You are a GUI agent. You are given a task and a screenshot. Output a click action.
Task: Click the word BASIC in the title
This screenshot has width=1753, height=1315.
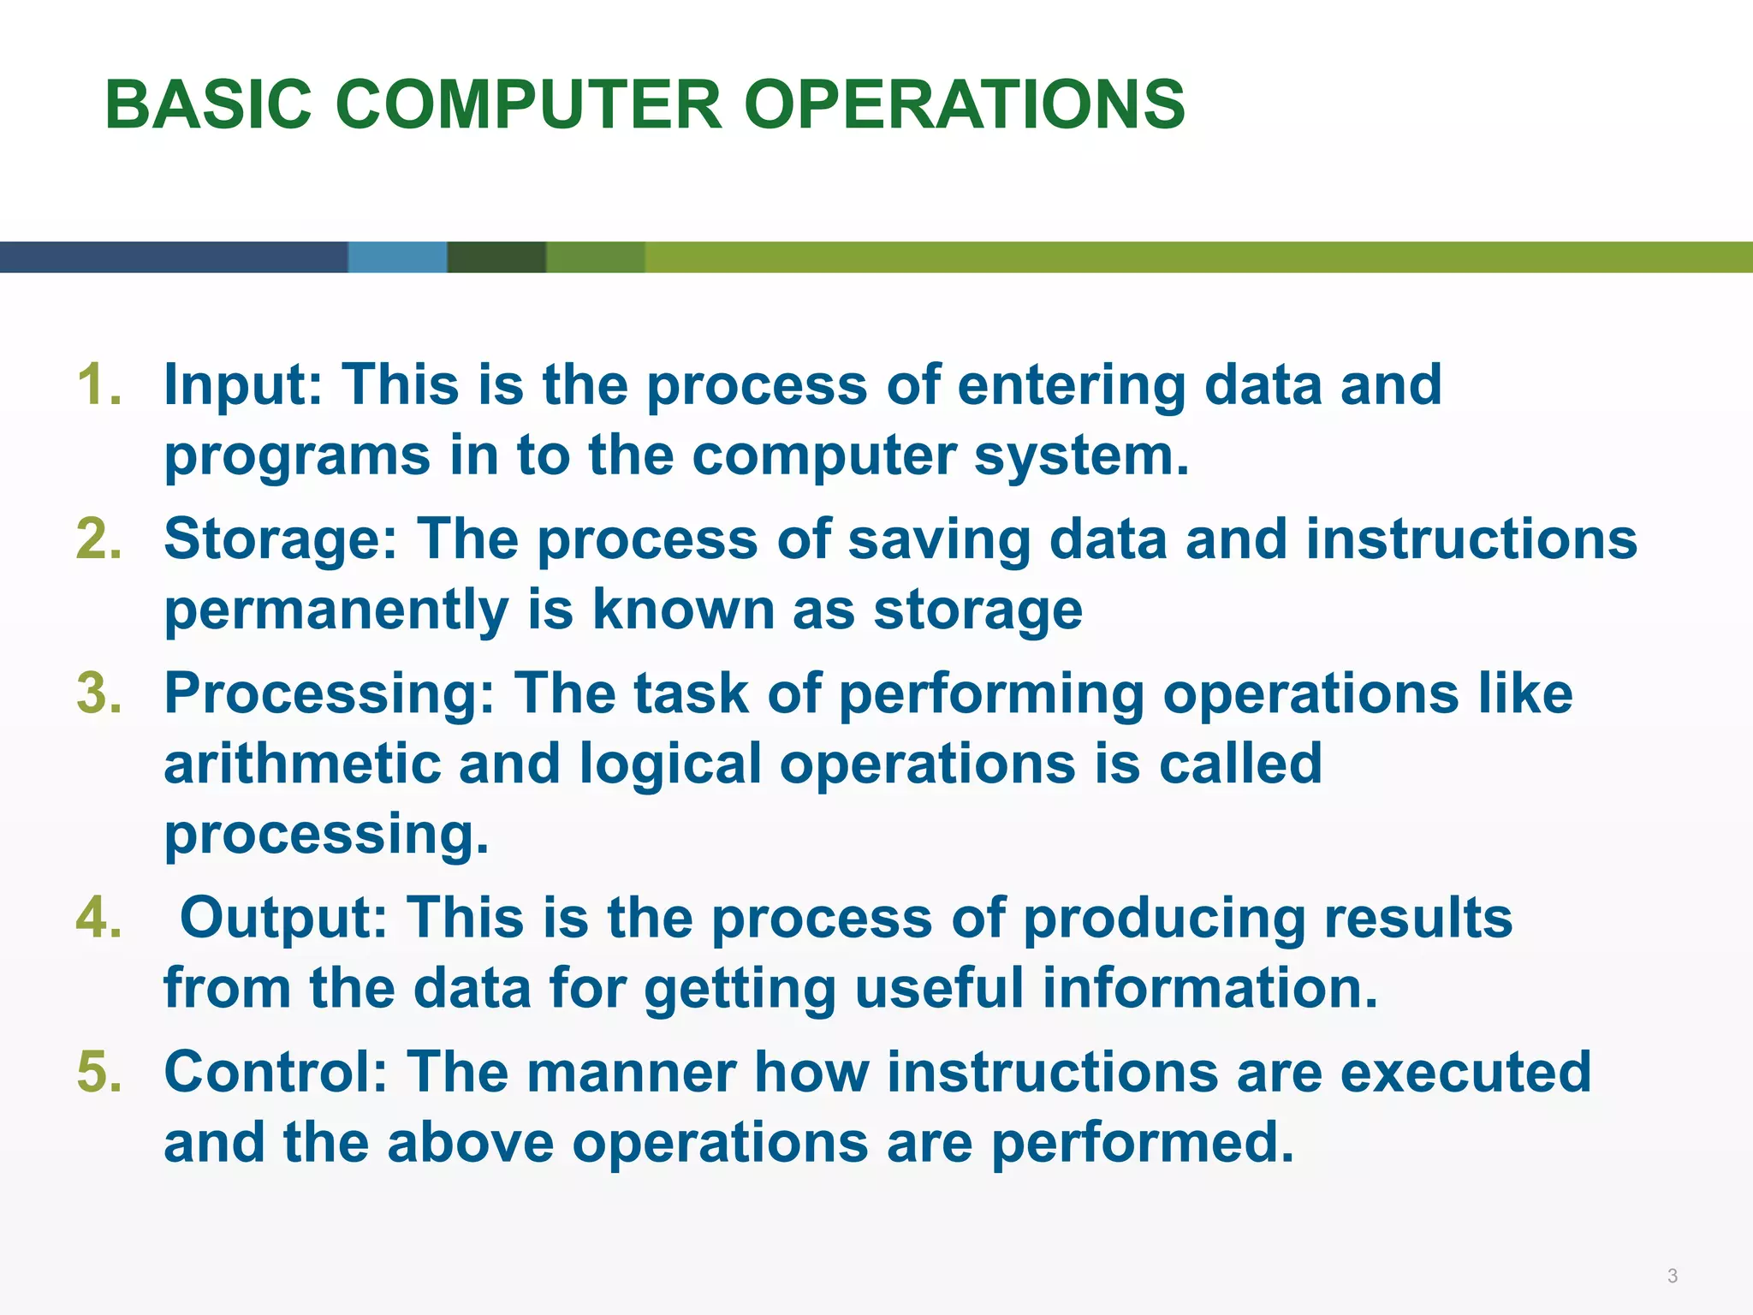(x=208, y=104)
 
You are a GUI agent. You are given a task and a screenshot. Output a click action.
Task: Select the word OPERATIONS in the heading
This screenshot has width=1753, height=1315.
(x=965, y=104)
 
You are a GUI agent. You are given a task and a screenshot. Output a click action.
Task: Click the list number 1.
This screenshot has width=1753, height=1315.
(x=99, y=384)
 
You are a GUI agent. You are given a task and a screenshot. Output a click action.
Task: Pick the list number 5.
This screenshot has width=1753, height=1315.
(x=99, y=1072)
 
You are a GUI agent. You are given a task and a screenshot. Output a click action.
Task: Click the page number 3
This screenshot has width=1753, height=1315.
(x=1673, y=1276)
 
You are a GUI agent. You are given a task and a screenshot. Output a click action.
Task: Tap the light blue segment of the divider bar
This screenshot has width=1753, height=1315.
(x=397, y=257)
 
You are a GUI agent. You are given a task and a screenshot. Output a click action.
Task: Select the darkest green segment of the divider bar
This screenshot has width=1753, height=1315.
(x=496, y=257)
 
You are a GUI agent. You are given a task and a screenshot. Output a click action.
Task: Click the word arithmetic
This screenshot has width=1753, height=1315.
(x=302, y=764)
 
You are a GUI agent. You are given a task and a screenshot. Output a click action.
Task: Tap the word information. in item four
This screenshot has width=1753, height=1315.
(x=1210, y=988)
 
